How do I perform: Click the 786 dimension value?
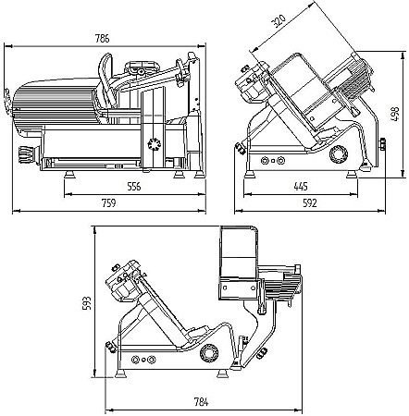coord(103,39)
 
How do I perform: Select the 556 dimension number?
coord(134,187)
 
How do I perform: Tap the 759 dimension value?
coord(109,203)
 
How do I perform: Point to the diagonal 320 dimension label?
coord(279,21)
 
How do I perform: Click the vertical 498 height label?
coord(395,114)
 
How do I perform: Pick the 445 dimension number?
coord(301,187)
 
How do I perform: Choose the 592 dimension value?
coord(310,203)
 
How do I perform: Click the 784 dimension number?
coord(201,402)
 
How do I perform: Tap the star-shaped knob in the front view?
coord(155,143)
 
